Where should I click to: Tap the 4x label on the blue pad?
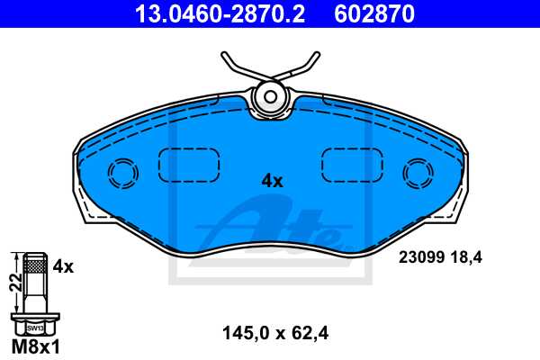tap(272, 181)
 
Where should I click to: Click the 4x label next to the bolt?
tap(62, 266)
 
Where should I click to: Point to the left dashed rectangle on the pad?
tap(190, 165)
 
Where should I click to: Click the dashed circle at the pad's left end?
tap(121, 173)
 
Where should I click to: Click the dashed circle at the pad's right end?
tap(417, 172)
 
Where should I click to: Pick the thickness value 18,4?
tap(467, 257)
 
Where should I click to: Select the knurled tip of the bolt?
tap(35, 263)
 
